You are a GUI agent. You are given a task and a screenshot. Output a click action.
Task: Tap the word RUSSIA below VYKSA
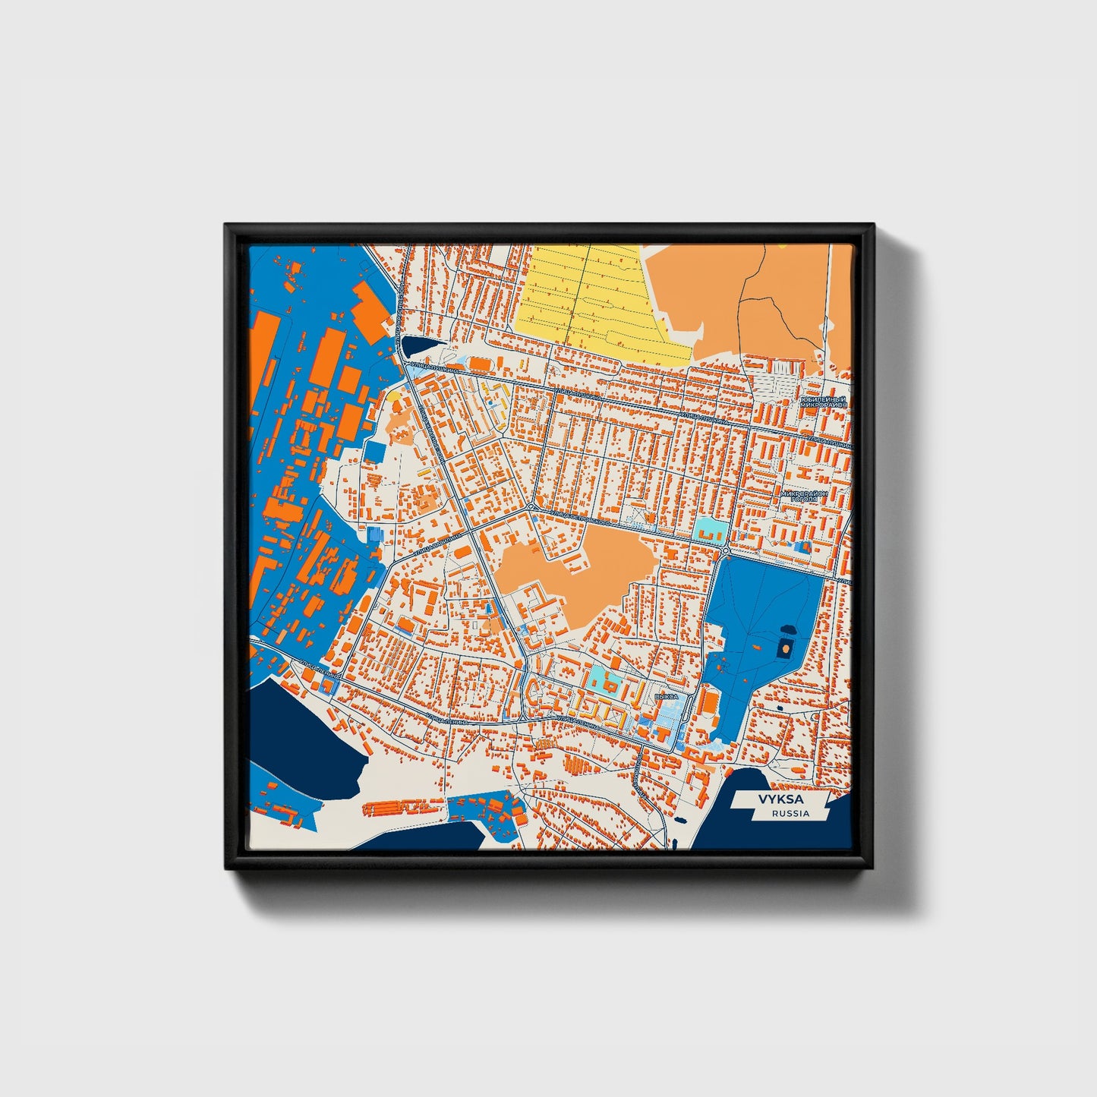790,813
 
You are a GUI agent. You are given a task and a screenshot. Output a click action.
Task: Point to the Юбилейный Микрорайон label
822,402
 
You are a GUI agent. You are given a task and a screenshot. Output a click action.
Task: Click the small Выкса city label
665,695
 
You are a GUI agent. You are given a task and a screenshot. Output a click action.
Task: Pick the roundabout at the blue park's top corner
727,550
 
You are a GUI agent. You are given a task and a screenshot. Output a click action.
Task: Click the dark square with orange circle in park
784,648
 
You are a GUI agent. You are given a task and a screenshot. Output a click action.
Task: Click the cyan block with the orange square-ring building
608,682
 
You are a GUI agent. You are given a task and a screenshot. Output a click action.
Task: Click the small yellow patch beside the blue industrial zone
393,396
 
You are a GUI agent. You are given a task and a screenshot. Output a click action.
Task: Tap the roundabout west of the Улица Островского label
530,506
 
